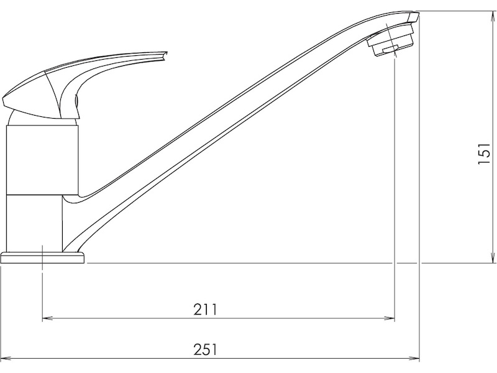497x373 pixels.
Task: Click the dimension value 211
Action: [x=206, y=310]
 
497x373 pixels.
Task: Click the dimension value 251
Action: [x=206, y=350]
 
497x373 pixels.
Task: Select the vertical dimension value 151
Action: [x=484, y=153]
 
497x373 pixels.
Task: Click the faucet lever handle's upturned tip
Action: [x=164, y=55]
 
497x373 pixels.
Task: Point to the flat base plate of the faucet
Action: [x=43, y=257]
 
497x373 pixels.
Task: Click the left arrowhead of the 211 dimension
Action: [x=48, y=318]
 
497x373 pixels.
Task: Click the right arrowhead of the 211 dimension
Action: [x=390, y=318]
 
